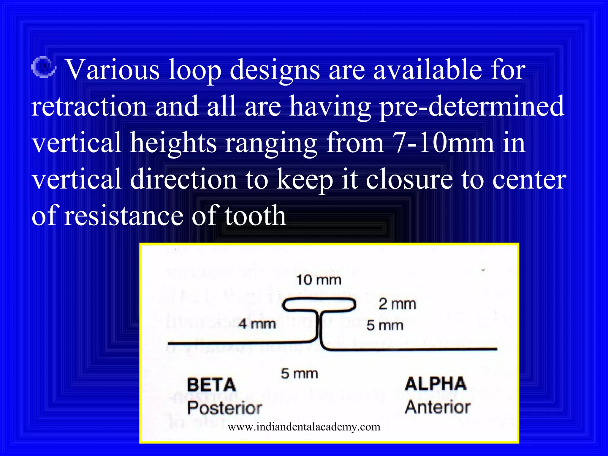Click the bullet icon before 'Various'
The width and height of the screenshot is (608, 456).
pyautogui.click(x=44, y=67)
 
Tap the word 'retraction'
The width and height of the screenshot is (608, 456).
pyautogui.click(x=89, y=106)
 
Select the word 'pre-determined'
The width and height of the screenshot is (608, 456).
pyautogui.click(x=472, y=106)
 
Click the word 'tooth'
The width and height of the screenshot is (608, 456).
pyautogui.click(x=255, y=216)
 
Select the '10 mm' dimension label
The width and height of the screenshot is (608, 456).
pyautogui.click(x=319, y=280)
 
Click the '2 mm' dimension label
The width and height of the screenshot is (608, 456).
pyautogui.click(x=398, y=304)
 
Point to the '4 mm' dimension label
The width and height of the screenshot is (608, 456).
pyautogui.click(x=257, y=324)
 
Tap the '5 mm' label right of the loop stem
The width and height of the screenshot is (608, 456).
pyautogui.click(x=385, y=325)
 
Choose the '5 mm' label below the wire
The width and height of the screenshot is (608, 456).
pyautogui.click(x=299, y=374)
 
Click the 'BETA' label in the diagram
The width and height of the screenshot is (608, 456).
pyautogui.click(x=212, y=385)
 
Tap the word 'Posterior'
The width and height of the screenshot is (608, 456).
pyautogui.click(x=224, y=408)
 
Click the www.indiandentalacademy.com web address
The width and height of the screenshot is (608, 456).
pyautogui.click(x=304, y=427)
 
